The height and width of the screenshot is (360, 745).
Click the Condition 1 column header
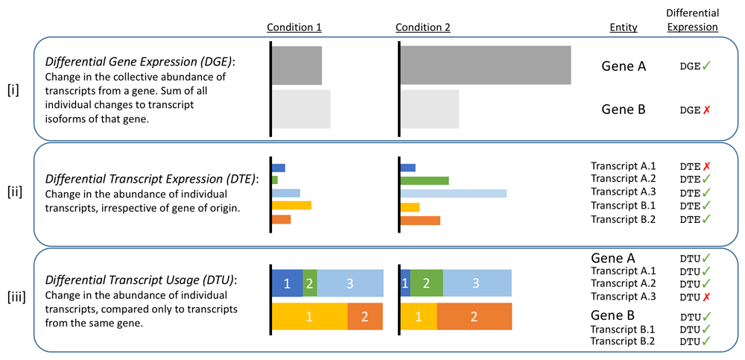click(x=294, y=28)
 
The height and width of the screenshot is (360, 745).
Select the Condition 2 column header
click(x=423, y=28)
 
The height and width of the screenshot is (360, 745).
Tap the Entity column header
click(x=623, y=28)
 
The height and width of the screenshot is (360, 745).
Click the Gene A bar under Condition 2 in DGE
click(x=485, y=65)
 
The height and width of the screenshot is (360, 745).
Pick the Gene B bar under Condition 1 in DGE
click(x=301, y=109)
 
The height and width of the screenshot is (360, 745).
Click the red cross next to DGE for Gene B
click(x=706, y=110)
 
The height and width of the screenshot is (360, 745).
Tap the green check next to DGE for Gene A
click(x=706, y=66)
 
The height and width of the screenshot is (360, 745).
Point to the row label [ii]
click(x=14, y=192)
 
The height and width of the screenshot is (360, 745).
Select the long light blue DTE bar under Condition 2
click(x=453, y=194)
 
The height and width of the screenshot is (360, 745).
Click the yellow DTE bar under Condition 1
click(x=291, y=205)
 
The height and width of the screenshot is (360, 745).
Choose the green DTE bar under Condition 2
click(x=424, y=180)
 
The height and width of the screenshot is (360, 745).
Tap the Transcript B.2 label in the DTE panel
click(x=623, y=219)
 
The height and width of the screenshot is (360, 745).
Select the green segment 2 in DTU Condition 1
click(x=309, y=283)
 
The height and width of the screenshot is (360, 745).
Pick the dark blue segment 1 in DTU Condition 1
click(x=287, y=283)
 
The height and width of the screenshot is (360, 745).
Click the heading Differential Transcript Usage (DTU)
click(x=140, y=280)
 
